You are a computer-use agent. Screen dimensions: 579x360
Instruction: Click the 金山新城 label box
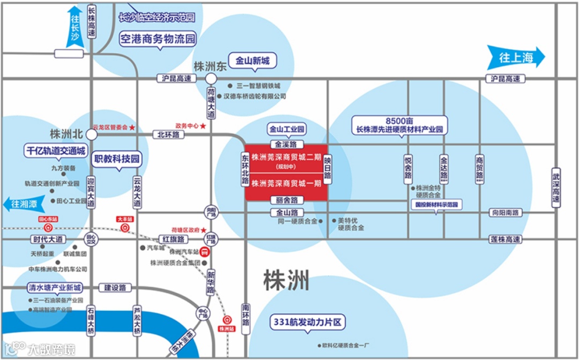[x=253, y=61]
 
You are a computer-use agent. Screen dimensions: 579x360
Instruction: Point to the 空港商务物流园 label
[x=157, y=39]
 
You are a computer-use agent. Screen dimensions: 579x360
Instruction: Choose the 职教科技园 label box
[x=117, y=159]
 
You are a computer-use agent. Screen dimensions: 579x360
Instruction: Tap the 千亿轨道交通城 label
[x=55, y=151]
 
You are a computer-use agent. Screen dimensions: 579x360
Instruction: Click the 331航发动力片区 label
[x=307, y=322]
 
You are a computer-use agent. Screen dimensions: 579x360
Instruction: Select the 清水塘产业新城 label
[x=56, y=288]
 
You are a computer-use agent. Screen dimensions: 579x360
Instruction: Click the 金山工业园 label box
[x=287, y=129]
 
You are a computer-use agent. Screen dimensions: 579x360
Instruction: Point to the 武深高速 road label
[x=558, y=187]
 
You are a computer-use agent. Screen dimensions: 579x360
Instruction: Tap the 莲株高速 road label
[x=505, y=239]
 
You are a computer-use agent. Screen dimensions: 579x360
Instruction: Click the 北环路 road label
[x=168, y=134]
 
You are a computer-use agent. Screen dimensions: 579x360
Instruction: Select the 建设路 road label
[x=115, y=288]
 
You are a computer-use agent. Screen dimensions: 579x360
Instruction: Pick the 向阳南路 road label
[x=505, y=213]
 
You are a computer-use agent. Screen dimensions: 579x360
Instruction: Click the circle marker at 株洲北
[x=92, y=136]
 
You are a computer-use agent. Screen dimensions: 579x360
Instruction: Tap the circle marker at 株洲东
[x=211, y=79]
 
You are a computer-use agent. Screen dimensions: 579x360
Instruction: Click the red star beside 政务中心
[x=203, y=126]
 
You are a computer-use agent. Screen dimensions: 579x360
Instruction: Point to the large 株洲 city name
[x=286, y=280]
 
